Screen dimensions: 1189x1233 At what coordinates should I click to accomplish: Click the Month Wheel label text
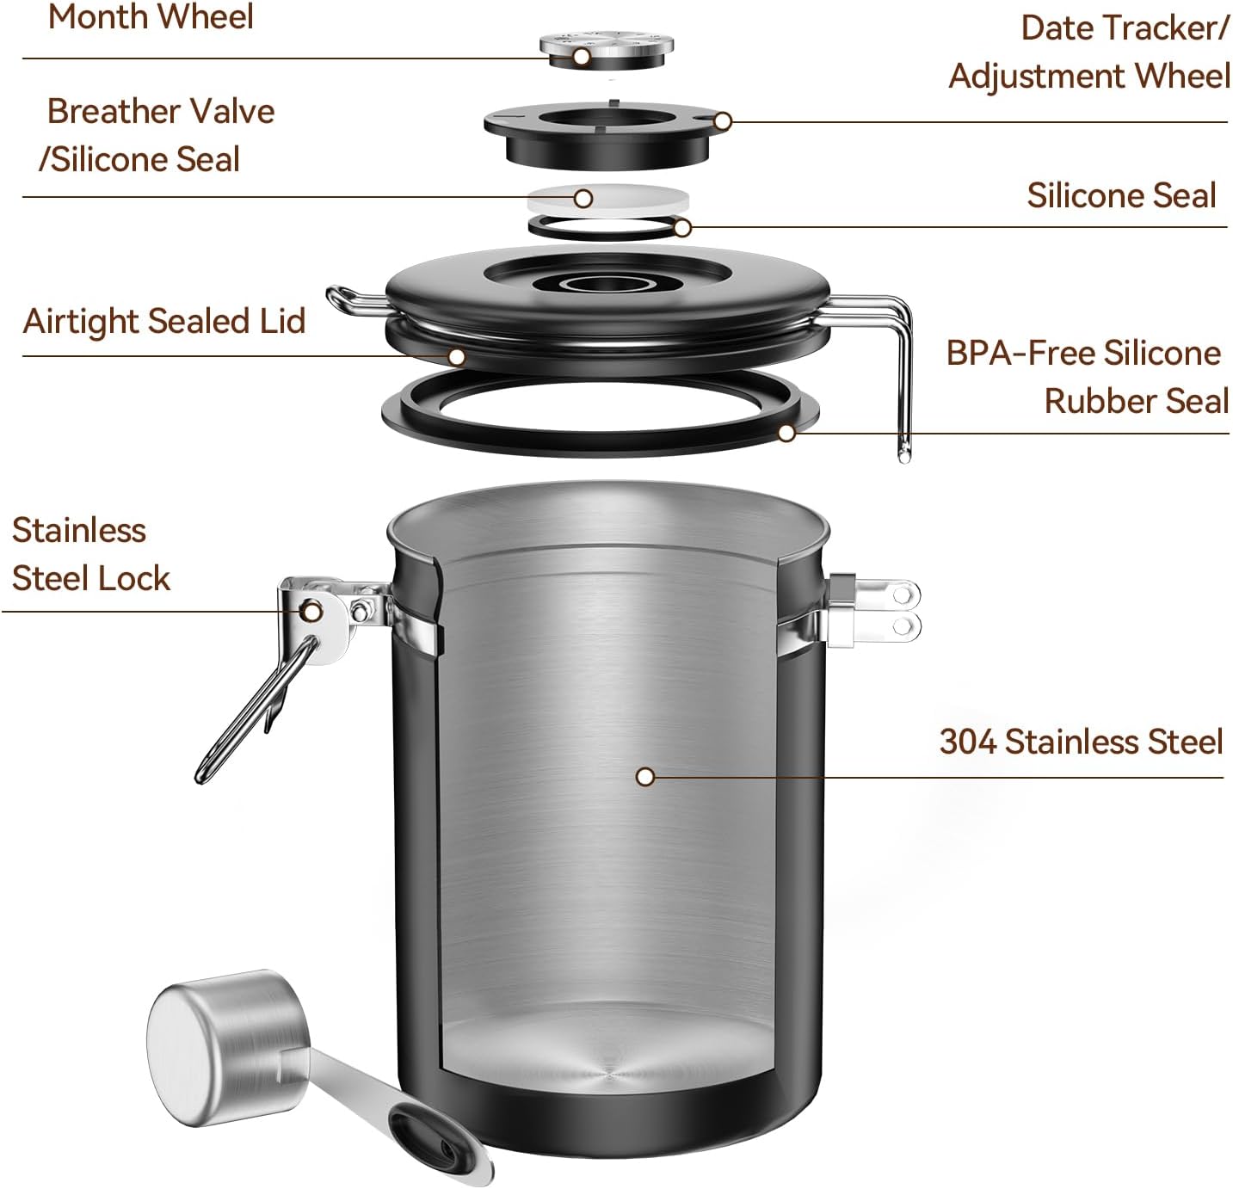pos(151,17)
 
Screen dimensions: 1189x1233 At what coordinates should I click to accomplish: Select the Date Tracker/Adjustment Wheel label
pos(1089,52)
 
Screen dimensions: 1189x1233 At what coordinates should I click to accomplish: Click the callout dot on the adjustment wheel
pos(723,121)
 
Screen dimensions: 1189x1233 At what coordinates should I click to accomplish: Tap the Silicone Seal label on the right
pos(1120,195)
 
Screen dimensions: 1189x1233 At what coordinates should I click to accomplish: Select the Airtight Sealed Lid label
pos(163,321)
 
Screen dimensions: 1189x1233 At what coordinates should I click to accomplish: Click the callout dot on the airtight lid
pos(457,355)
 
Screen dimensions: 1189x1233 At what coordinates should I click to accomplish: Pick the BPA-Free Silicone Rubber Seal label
pos(1088,377)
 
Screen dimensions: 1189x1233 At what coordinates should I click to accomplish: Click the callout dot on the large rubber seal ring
pos(786,433)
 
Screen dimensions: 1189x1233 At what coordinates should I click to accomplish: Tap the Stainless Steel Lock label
pos(90,554)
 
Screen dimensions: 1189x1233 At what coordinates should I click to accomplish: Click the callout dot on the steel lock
pos(311,612)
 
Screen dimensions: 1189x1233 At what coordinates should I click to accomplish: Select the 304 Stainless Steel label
pos(1081,742)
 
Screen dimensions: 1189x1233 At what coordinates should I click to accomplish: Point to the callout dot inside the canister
pos(645,777)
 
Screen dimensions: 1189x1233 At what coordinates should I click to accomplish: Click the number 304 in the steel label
pos(969,742)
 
